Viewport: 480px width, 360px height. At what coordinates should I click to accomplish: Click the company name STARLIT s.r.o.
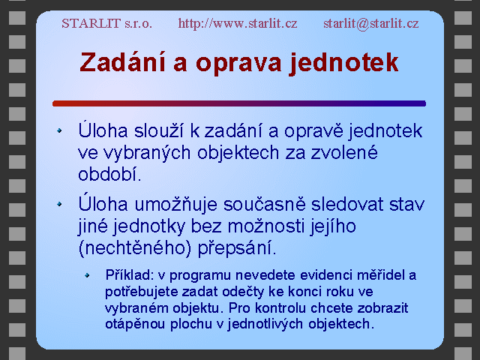click(x=106, y=23)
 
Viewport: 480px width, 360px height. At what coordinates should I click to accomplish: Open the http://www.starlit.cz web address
click(x=238, y=23)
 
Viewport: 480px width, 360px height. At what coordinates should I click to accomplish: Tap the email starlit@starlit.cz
click(x=371, y=23)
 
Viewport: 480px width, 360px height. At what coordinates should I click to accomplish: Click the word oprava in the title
click(x=238, y=64)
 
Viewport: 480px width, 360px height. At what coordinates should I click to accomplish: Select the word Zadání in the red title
click(x=123, y=62)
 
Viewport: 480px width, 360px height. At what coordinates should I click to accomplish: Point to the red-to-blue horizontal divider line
click(x=239, y=103)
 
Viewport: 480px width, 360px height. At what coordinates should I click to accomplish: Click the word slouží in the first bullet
click(x=158, y=130)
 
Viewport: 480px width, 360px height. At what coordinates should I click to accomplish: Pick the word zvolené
click(x=344, y=152)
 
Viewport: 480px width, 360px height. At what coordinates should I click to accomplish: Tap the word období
click(x=109, y=174)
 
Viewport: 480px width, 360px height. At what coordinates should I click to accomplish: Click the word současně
click(x=265, y=204)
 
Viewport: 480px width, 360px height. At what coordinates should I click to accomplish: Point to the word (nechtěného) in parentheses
click(x=135, y=248)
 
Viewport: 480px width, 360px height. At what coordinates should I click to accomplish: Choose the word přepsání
click(x=237, y=248)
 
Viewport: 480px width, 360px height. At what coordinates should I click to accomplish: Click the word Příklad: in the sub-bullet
click(x=129, y=275)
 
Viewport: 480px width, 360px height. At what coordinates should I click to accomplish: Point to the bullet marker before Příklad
click(x=87, y=275)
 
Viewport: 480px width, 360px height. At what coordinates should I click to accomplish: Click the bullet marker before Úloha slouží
click(x=59, y=130)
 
